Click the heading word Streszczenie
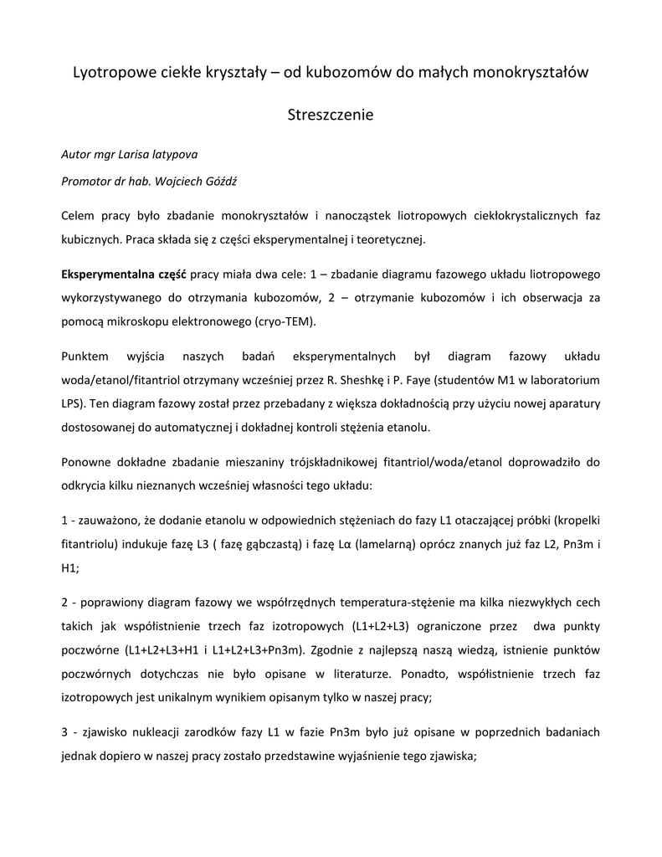pos(331,115)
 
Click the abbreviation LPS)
pos(74,403)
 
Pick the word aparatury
pos(566,403)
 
